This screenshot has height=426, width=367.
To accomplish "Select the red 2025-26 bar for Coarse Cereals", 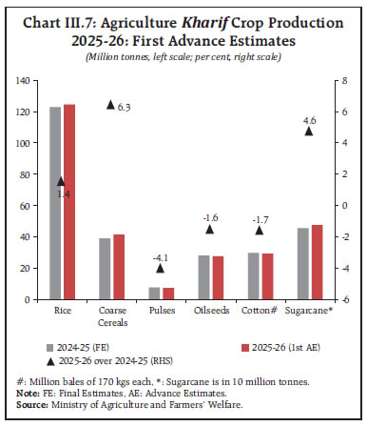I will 119,267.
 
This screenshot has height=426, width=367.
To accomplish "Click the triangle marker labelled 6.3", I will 110,104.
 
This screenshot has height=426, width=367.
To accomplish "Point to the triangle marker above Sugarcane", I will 308,132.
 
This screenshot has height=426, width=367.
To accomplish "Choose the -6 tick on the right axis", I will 333,299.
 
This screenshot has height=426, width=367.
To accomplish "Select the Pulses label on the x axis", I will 160,311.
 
